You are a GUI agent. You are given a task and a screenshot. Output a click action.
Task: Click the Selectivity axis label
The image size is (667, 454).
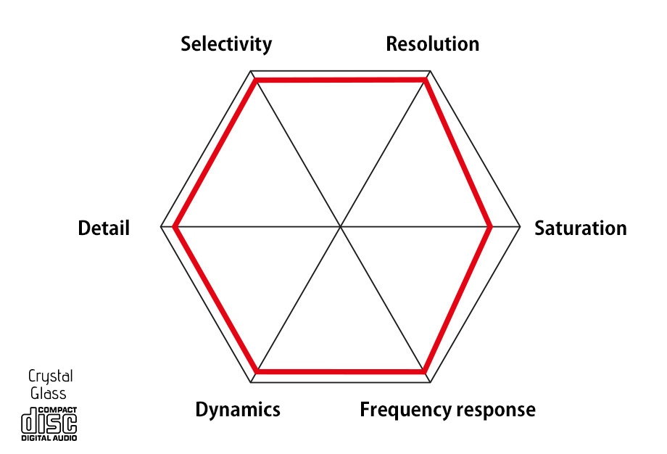tap(226, 44)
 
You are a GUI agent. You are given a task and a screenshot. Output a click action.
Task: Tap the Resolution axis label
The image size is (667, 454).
tap(432, 44)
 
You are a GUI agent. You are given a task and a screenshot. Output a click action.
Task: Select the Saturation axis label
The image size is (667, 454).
tap(580, 228)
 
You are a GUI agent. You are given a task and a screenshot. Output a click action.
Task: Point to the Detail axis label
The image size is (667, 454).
tap(104, 228)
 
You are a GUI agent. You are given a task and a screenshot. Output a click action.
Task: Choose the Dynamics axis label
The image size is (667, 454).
tap(238, 410)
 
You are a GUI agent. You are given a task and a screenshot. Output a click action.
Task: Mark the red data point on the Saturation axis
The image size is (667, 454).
tap(492, 228)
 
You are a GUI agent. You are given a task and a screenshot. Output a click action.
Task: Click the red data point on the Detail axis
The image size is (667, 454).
tap(175, 228)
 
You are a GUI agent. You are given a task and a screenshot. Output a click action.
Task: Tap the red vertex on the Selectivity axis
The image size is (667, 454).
tap(256, 81)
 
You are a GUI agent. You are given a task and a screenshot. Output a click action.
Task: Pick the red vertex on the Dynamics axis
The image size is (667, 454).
tap(257, 372)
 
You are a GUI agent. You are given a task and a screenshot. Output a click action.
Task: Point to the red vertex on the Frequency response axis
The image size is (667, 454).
tap(425, 372)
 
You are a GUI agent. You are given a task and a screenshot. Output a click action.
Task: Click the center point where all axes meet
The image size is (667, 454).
tap(341, 228)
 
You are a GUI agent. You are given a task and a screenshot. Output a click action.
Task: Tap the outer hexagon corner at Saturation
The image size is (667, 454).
tap(521, 228)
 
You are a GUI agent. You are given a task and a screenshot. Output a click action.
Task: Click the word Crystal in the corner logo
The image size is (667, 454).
tap(50, 376)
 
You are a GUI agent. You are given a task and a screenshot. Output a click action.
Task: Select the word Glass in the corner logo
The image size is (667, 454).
tap(49, 393)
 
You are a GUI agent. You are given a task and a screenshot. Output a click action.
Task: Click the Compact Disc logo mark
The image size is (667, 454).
tap(49, 419)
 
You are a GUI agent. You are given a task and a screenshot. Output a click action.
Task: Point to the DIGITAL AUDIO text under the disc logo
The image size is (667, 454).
tap(49, 438)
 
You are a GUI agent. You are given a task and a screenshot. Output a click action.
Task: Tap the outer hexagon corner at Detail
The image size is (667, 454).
tap(160, 228)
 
